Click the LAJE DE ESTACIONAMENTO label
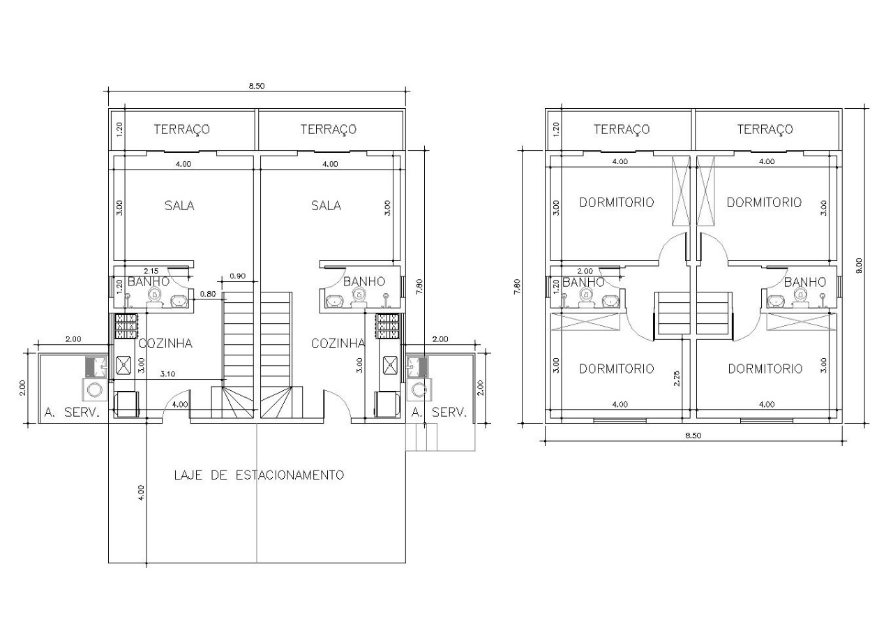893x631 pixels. click(x=259, y=475)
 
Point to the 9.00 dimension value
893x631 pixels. click(x=859, y=265)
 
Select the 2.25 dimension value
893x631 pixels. click(x=677, y=378)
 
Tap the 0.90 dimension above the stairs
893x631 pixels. click(x=238, y=276)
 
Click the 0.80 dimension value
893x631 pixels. click(x=208, y=294)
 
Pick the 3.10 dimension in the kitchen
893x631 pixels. click(x=167, y=373)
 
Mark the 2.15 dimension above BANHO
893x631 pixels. click(x=151, y=272)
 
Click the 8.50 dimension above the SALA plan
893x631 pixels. click(x=257, y=86)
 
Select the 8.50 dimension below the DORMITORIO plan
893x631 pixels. click(x=693, y=436)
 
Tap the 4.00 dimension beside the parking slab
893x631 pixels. click(x=142, y=493)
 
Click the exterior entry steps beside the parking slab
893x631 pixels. click(x=421, y=437)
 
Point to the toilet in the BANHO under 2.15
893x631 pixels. click(x=155, y=297)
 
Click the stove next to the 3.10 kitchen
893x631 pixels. click(x=126, y=325)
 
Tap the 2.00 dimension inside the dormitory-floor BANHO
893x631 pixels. click(x=585, y=272)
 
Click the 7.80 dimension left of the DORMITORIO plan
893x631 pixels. click(x=518, y=286)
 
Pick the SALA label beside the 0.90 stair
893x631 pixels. click(x=179, y=206)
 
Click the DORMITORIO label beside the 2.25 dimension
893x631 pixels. click(x=616, y=369)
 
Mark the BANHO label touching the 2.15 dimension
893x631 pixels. click(x=149, y=281)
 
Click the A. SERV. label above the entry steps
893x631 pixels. click(x=439, y=413)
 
